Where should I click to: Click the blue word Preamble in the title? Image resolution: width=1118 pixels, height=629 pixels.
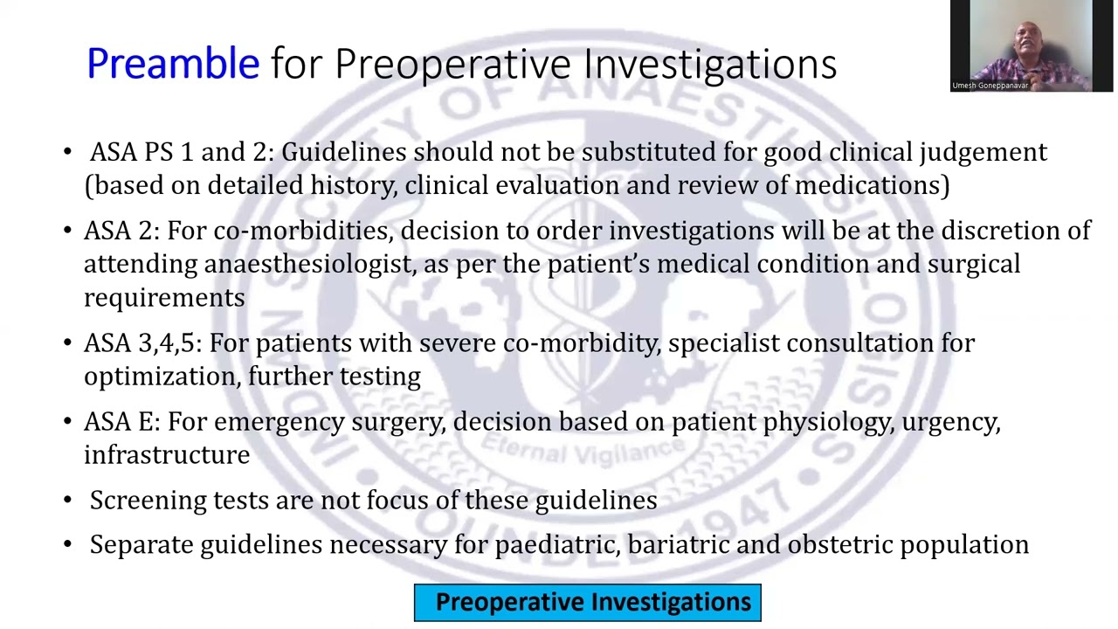[x=173, y=65]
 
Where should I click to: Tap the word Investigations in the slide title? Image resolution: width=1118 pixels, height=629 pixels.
[x=710, y=65]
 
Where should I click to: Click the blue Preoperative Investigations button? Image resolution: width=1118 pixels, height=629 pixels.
[x=588, y=603]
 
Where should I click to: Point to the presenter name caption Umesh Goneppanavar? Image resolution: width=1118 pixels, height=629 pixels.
[x=990, y=86]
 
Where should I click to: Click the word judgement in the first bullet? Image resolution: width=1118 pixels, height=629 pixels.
[x=983, y=153]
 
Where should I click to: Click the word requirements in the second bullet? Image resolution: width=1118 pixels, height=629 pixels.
[x=164, y=299]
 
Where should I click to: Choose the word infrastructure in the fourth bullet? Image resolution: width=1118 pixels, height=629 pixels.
[x=167, y=455]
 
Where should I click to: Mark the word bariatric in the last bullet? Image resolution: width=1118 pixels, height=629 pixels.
[x=678, y=545]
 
